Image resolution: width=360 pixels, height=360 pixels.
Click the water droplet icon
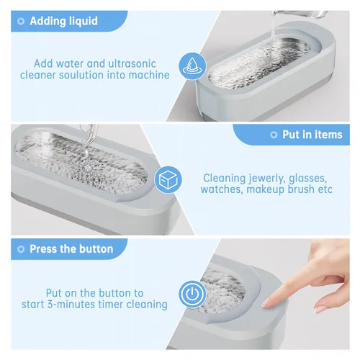click(x=192, y=66)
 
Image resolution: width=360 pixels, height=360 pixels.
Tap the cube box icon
click(x=168, y=179)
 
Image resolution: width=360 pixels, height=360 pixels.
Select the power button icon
click(x=192, y=294)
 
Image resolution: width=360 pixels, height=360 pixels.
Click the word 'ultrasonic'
click(x=132, y=63)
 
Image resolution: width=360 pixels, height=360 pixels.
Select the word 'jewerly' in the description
click(x=266, y=179)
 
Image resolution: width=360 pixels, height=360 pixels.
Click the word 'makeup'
click(x=265, y=189)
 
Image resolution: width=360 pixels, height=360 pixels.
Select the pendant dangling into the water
click(x=89, y=166)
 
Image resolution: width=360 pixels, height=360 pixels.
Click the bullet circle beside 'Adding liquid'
click(x=21, y=22)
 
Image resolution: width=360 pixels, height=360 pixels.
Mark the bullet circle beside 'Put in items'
click(x=274, y=135)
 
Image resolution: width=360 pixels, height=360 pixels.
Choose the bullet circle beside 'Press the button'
click(x=21, y=249)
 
